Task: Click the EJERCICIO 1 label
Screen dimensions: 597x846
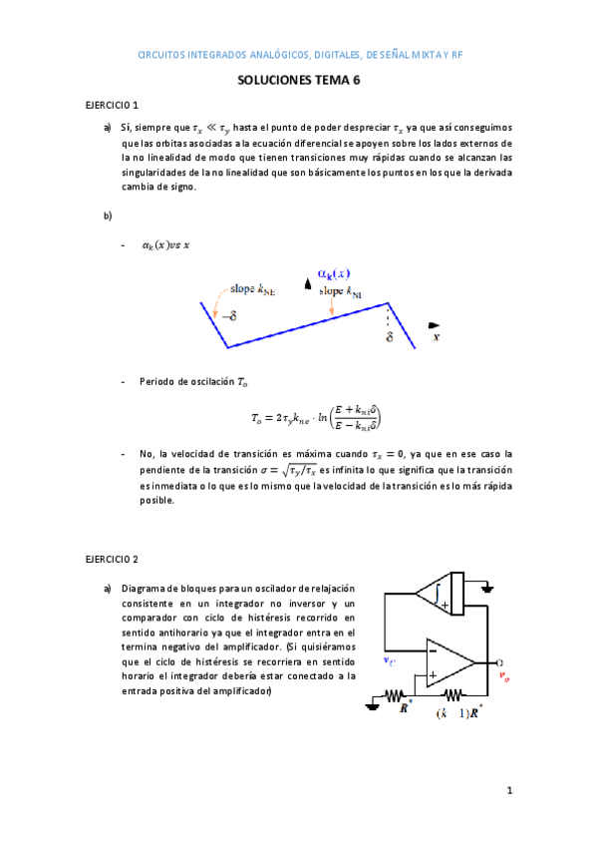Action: (112, 105)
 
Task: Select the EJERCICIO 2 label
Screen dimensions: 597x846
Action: (112, 559)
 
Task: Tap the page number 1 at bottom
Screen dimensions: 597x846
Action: (508, 791)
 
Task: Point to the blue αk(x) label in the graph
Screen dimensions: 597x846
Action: (334, 273)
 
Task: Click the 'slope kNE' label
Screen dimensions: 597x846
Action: (253, 289)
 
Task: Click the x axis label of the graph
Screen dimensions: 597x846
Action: (436, 337)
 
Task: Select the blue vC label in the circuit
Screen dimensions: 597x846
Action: (389, 660)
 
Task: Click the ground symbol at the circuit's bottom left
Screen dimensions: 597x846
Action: (371, 704)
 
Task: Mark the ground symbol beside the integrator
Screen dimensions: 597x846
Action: (487, 588)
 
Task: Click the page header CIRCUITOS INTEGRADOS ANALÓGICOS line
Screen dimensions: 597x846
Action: (298, 55)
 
